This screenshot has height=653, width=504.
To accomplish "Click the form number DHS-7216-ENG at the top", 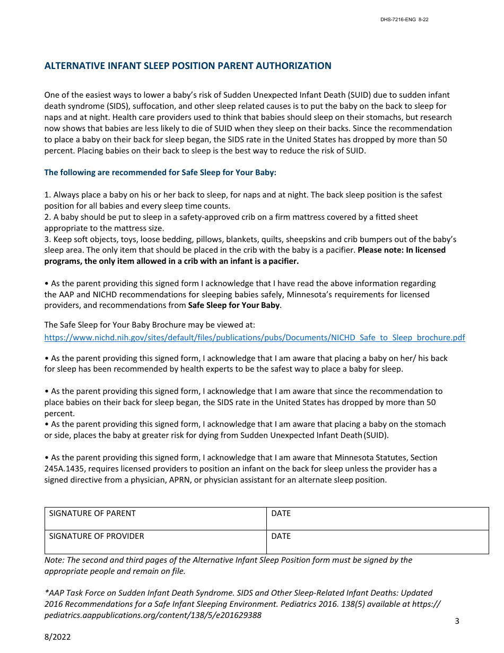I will [x=398, y=20].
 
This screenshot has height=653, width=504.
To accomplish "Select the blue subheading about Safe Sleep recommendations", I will [x=160, y=173].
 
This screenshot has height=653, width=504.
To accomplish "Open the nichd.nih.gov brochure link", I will [x=255, y=338].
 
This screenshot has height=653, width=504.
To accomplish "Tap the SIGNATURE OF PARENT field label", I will [x=92, y=513].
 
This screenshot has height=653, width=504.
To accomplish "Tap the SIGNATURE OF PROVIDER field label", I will [x=97, y=536].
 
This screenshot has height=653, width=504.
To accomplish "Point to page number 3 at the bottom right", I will [x=457, y=621].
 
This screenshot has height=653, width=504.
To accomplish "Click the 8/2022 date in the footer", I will [x=57, y=637].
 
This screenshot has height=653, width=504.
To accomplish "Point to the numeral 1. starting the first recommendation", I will [x=47, y=195].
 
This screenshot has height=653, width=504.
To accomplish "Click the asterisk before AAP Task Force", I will [x=46, y=592].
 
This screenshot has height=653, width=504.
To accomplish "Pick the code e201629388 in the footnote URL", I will [x=237, y=615].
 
